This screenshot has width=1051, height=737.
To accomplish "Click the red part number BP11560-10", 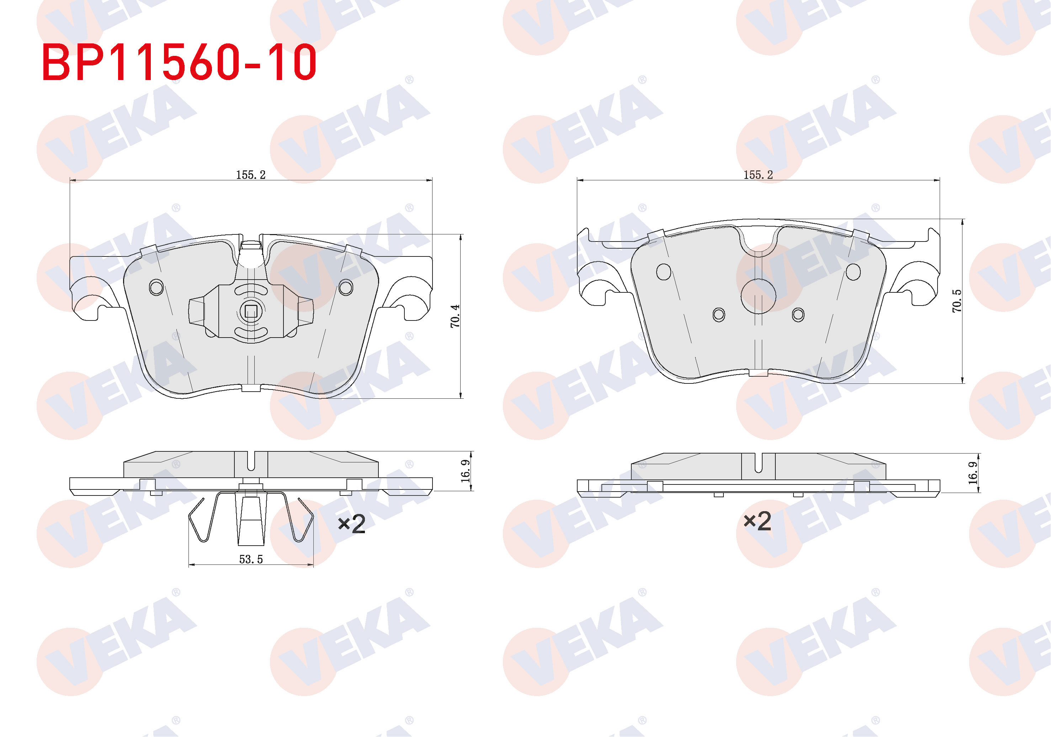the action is click(179, 62).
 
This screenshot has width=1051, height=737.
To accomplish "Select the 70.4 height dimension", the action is click(455, 316).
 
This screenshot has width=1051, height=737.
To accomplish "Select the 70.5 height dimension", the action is click(957, 301).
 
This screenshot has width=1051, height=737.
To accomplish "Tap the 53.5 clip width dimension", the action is click(251, 560).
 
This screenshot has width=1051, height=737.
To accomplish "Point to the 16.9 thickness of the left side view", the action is click(466, 471).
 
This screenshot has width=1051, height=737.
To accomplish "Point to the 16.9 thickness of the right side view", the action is click(973, 473).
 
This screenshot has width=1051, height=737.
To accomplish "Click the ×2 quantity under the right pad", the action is click(758, 521).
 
